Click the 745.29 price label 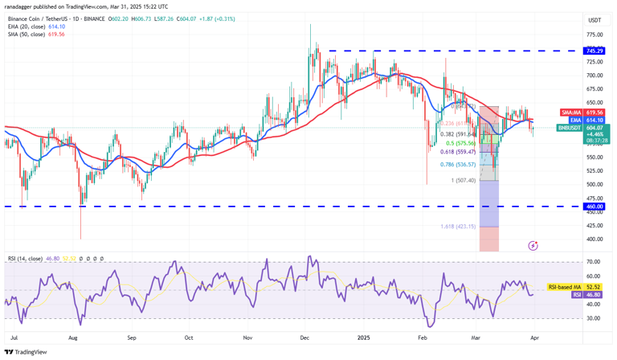[x=595, y=50]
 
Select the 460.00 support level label [x=595, y=207]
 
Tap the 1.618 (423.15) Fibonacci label [x=458, y=227]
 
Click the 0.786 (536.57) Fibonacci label [x=457, y=164]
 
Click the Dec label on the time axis [x=304, y=338]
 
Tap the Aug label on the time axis [x=74, y=338]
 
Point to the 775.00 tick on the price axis [x=595, y=35]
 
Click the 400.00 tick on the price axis [x=595, y=239]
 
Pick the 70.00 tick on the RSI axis [x=595, y=262]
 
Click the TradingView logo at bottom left [x=26, y=351]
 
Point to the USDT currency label [x=595, y=20]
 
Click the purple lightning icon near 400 [x=533, y=244]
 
